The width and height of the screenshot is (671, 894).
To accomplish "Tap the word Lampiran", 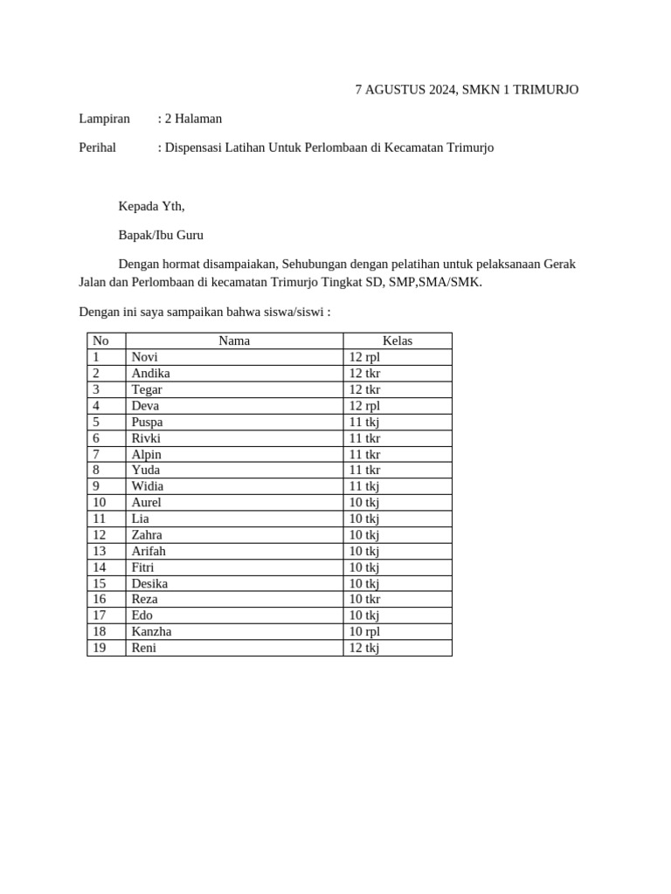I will [x=104, y=119].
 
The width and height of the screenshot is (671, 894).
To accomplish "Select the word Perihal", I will [x=97, y=148].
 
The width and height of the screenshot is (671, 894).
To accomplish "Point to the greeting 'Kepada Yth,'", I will [x=151, y=206].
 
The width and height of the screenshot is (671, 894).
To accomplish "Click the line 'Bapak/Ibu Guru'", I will [x=161, y=235].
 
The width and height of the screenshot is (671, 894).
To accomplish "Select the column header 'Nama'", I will [x=234, y=341].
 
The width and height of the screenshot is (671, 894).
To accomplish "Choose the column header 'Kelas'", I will [x=398, y=341].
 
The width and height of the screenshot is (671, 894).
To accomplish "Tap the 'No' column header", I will [x=100, y=341].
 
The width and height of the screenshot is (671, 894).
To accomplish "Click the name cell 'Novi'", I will [x=145, y=357].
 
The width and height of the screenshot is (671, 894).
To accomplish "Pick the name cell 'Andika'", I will [x=150, y=373].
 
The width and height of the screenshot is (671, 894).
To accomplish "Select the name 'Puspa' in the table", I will [x=147, y=422].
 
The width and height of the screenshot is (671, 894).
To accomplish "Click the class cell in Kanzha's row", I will [x=364, y=631].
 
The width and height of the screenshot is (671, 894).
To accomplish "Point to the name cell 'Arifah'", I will [x=149, y=551].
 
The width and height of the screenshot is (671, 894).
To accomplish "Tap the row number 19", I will [x=99, y=648].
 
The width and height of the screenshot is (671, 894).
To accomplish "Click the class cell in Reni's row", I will [x=364, y=648].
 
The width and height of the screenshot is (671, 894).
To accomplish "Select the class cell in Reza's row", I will [x=364, y=599].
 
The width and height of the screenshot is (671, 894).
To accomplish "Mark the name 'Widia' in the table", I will [x=148, y=486].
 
